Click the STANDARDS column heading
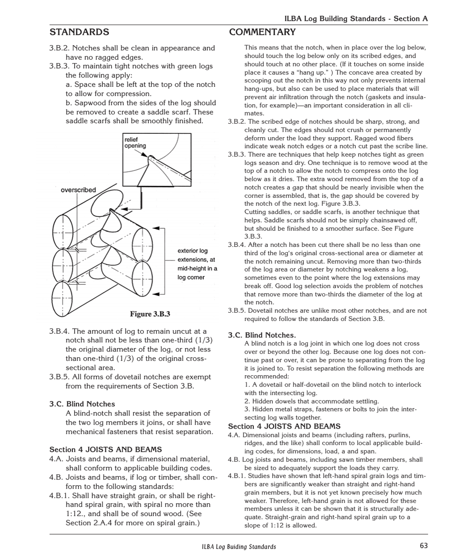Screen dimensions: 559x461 tap(79, 32)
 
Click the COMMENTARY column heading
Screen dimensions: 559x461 tap(262, 32)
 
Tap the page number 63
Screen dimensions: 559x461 tap(424, 545)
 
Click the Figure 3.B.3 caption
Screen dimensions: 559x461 tap(150, 314)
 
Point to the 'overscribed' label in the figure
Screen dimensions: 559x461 tap(78, 190)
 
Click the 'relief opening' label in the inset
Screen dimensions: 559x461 tap(135, 143)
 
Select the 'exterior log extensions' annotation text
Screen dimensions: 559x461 tap(197, 264)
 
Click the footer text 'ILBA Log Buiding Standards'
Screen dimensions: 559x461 tap(239, 546)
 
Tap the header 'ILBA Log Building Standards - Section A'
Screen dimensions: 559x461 tap(356, 18)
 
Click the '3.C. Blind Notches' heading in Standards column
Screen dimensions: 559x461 tap(82, 404)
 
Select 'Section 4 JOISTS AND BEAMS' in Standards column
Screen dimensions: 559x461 tap(105, 449)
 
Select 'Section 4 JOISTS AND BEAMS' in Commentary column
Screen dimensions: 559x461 tap(284, 427)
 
